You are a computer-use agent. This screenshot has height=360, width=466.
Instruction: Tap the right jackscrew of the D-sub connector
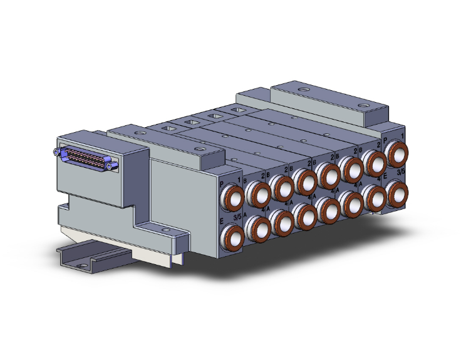(x=111, y=166)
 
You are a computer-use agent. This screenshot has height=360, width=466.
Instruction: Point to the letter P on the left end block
(x=222, y=183)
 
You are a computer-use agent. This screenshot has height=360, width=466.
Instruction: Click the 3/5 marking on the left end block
(x=237, y=217)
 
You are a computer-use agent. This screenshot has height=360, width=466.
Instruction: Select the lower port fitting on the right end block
(x=396, y=190)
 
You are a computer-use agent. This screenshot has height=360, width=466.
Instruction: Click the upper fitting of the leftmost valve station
(x=258, y=195)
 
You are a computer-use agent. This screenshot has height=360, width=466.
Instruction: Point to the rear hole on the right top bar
(x=303, y=91)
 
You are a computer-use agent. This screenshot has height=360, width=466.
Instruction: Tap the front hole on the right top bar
(x=362, y=105)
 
